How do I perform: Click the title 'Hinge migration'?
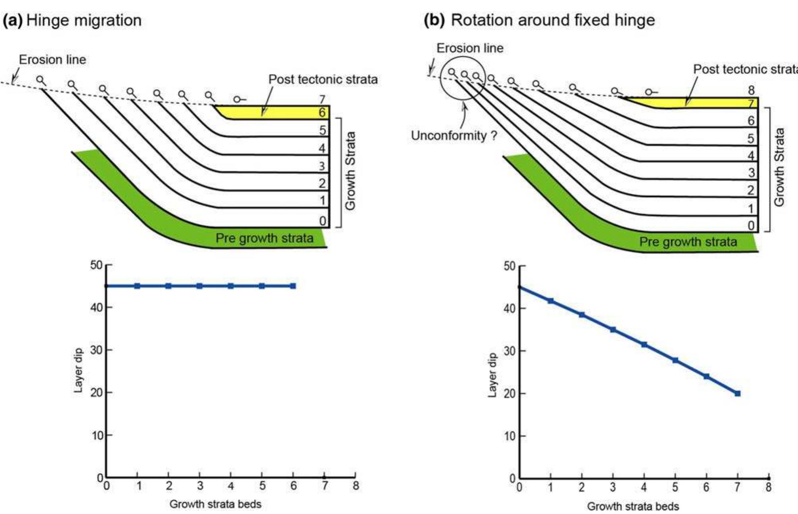point(84,20)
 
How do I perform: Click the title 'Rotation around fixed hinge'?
point(553,20)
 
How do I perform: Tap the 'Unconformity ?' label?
point(454,136)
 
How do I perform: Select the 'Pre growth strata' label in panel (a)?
point(264,238)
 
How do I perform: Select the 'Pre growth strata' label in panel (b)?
point(688,242)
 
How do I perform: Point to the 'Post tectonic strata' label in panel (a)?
point(323,79)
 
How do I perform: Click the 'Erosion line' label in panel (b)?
point(470,48)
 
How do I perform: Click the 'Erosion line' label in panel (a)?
point(52,60)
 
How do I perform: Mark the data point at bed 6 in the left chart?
point(293,286)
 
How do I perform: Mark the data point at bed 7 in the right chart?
point(737,394)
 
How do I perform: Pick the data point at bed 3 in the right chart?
point(613,329)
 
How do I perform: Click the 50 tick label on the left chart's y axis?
point(96,265)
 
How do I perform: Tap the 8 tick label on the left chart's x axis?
point(356,486)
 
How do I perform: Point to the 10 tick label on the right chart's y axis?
point(510,436)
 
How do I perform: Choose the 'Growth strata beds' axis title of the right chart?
point(633,506)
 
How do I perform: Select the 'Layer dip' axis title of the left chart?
point(78,371)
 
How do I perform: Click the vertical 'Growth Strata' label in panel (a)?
point(350,170)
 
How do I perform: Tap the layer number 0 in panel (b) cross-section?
point(751,225)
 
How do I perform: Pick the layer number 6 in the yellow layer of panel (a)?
point(322,113)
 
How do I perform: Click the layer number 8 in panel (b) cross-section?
point(751,90)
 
